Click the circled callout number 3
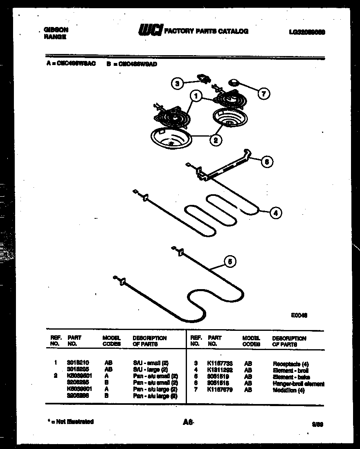pyautogui.click(x=177, y=84)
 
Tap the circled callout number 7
pyautogui.click(x=263, y=94)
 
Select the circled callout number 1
pyautogui.click(x=196, y=97)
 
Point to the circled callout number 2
pyautogui.click(x=215, y=140)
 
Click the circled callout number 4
pyautogui.click(x=276, y=213)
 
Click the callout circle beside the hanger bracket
pyautogui.click(x=266, y=162)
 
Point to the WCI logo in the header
pyautogui.click(x=151, y=31)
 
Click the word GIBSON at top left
pyautogui.click(x=56, y=30)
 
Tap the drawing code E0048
pyautogui.click(x=299, y=315)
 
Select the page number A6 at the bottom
pyautogui.click(x=188, y=423)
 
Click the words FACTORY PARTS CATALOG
pyautogui.click(x=206, y=31)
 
